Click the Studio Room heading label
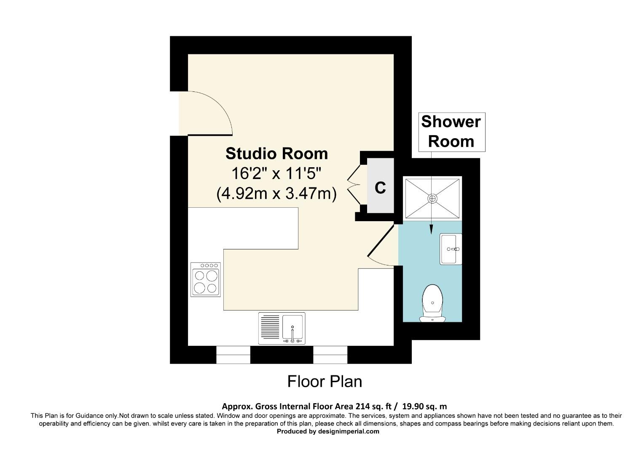276,153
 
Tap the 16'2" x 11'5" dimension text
276,174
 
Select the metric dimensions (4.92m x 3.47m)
276,194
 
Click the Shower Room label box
451,132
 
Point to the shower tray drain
433,198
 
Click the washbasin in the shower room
451,249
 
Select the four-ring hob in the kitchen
206,280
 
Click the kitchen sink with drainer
282,328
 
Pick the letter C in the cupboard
380,188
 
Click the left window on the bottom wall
233,355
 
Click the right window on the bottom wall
330,355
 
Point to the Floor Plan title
325,382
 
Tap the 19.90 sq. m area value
424,407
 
